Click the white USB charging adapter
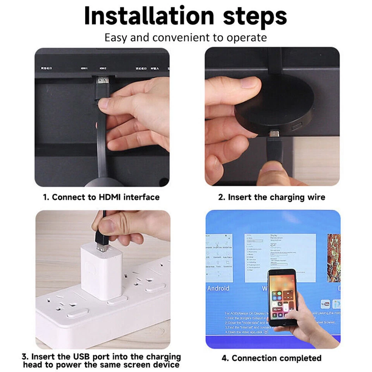coord(97,271)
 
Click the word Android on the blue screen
coord(218,288)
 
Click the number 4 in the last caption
coord(224,358)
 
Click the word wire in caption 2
coord(317,197)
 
